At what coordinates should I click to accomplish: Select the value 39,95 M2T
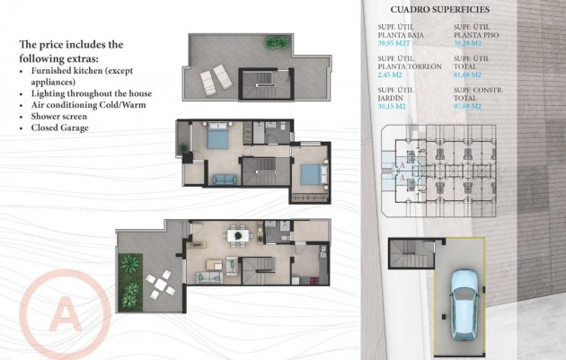pos(395,42)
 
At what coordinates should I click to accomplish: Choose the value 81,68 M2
pos(471,75)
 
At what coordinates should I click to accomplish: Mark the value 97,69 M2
pos(471,107)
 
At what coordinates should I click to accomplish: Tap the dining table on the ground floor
pos(238,235)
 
